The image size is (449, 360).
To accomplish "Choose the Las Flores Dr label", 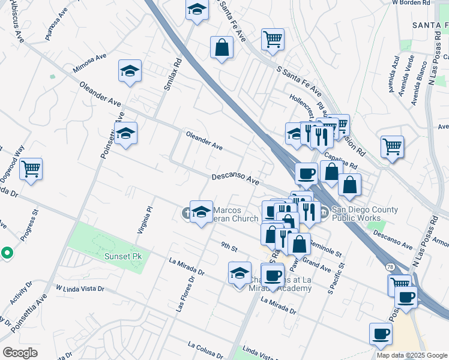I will (185, 294).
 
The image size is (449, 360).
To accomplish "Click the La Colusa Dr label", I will (209, 348).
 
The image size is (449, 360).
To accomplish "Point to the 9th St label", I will (229, 246).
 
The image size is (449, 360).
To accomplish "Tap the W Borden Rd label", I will (412, 3).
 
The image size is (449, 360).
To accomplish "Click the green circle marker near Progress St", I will (6, 253).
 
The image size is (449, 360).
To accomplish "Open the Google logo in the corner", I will (20, 353).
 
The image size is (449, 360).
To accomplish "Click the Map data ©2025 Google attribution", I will (412, 355).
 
